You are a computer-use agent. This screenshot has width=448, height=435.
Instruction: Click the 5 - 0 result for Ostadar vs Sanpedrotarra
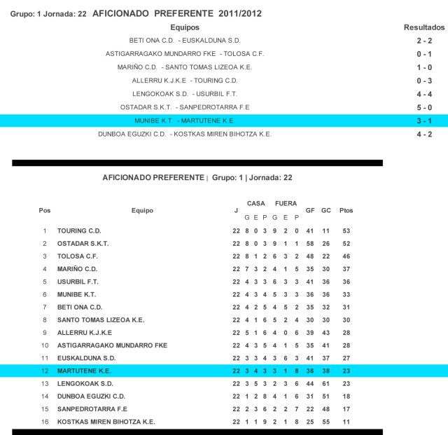point(424,107)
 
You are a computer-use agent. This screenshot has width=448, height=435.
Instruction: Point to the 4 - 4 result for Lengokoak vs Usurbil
point(424,94)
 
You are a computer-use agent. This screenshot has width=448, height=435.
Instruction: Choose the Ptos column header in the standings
point(346,211)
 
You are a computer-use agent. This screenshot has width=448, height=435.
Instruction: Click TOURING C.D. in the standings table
point(80,230)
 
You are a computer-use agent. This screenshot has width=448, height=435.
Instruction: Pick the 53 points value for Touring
point(346,230)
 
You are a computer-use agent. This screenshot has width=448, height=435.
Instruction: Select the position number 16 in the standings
point(45,422)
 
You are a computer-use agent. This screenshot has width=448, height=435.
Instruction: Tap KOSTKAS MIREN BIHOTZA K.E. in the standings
point(106,422)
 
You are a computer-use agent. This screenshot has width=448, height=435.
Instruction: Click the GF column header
point(310,211)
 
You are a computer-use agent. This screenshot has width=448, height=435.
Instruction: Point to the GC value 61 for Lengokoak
point(326,384)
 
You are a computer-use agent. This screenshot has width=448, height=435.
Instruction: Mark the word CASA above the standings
point(256,203)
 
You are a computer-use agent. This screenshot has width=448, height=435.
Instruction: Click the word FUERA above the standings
point(286,203)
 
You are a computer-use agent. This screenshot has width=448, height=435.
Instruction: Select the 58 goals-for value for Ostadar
point(310,243)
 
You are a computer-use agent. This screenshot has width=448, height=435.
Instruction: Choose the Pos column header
point(45,211)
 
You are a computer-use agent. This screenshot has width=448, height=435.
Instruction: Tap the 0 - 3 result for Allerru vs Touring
point(424,81)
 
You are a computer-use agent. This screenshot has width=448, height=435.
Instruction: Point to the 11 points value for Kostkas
point(346,422)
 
